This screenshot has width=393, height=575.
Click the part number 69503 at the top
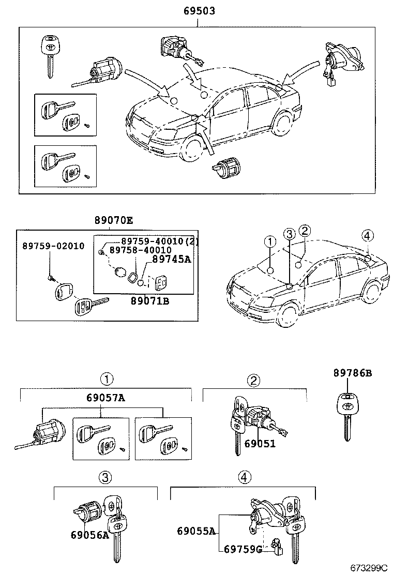[x=199, y=10]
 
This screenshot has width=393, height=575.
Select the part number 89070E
[x=113, y=220]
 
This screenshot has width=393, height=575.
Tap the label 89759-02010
[x=53, y=246]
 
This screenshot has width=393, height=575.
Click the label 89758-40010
[x=142, y=250]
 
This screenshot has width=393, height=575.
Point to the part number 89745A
[x=171, y=260]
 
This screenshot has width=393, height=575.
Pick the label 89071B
[x=149, y=300]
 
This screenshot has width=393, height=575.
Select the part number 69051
[x=260, y=444]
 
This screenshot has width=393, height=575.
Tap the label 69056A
[x=89, y=535]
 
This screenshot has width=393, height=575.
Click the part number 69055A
[x=196, y=531]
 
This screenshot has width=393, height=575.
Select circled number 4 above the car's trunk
[x=367, y=236]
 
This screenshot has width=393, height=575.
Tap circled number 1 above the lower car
[x=269, y=241]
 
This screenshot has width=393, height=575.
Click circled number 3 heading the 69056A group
[x=105, y=478]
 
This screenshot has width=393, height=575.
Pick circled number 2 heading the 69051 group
[x=253, y=381]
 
